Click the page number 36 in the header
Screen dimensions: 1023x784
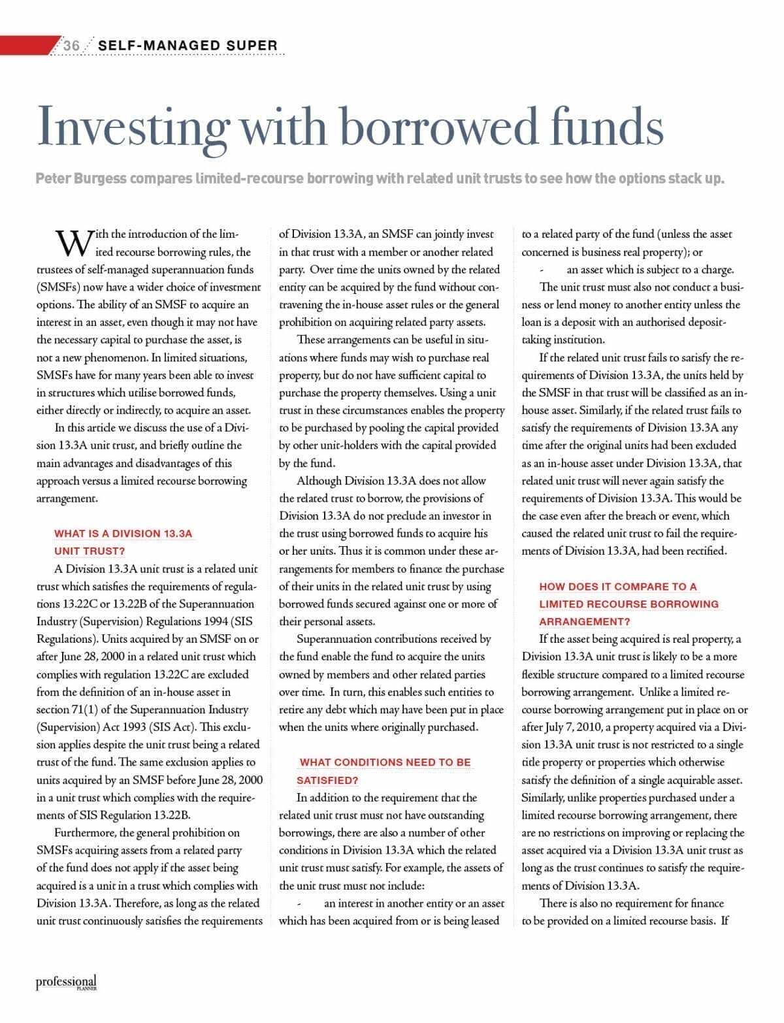point(71,45)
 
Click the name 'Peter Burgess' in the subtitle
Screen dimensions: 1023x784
point(81,178)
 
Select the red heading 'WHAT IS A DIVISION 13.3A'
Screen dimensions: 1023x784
point(123,534)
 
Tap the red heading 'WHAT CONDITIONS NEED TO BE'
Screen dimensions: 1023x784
point(385,762)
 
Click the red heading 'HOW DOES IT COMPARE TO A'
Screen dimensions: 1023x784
point(618,587)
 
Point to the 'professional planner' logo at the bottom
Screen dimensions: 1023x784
point(66,982)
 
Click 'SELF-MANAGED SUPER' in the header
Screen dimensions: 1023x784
point(188,45)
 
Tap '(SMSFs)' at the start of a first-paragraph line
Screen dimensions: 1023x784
point(57,287)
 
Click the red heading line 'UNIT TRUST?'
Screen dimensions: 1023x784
point(90,551)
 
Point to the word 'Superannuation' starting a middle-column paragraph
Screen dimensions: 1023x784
point(337,639)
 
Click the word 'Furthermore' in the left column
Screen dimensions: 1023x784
point(84,833)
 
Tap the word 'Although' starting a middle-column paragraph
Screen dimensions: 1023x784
point(319,481)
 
